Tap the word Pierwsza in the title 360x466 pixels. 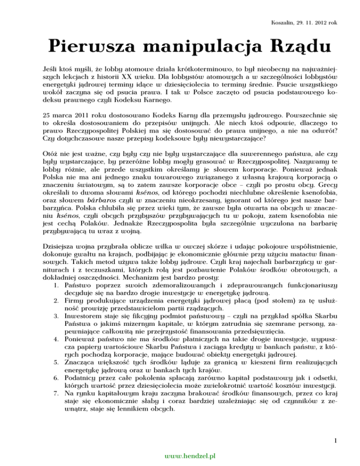coord(85,47)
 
